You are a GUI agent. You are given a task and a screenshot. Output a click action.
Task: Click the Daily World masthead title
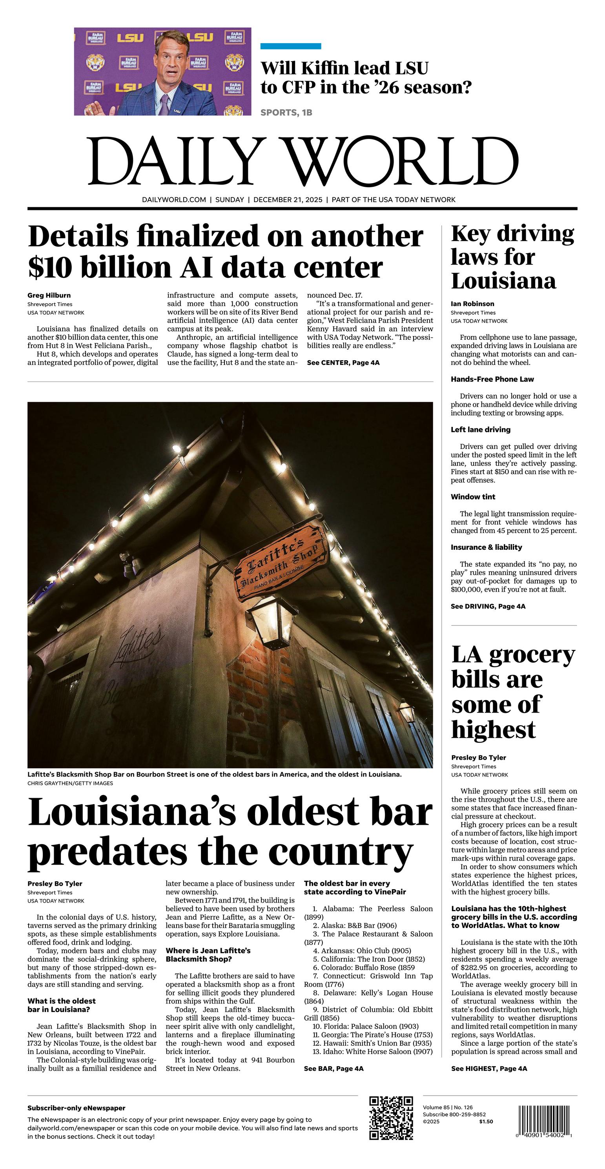303,161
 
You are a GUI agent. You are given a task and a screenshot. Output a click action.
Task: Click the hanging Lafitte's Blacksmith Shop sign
281,562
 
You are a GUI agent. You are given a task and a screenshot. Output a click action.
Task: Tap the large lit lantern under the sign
272,621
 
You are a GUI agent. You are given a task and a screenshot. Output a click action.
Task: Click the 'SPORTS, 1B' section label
286,113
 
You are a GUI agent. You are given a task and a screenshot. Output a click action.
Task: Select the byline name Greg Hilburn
49,295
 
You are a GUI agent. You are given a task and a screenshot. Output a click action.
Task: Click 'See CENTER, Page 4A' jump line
343,363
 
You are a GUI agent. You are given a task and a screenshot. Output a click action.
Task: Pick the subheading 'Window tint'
473,497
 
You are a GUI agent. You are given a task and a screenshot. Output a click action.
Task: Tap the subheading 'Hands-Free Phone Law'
492,379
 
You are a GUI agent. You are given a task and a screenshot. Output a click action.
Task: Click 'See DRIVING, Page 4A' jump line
488,606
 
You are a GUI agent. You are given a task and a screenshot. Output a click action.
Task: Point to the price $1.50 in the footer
486,1122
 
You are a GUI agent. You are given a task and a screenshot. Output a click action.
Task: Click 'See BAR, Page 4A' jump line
333,1068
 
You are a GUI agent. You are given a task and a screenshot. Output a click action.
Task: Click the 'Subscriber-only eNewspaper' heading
76,1108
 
